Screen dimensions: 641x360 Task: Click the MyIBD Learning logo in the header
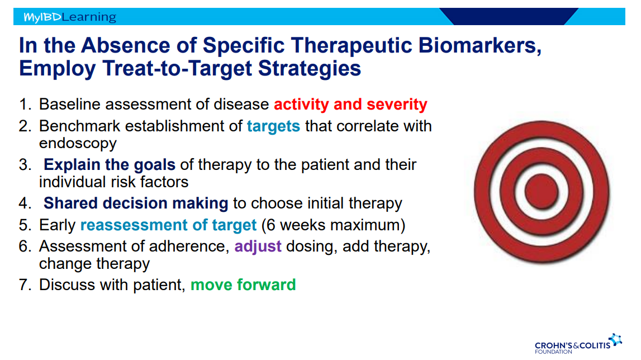(70, 17)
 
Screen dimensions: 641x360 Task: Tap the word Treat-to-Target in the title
(177, 68)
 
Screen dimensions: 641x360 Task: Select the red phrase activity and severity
(350, 105)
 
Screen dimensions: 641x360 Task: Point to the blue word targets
(273, 126)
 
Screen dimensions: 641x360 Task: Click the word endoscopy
(78, 144)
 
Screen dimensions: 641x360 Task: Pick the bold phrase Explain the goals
(110, 164)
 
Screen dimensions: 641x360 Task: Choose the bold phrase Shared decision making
(136, 203)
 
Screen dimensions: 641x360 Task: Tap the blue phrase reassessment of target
(168, 225)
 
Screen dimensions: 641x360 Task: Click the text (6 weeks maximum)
(333, 225)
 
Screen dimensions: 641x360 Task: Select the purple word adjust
(258, 247)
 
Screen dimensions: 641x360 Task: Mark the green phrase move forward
(243, 285)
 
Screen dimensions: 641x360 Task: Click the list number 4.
(25, 203)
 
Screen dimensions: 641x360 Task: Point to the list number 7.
(25, 285)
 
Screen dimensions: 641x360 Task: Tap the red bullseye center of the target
(542, 192)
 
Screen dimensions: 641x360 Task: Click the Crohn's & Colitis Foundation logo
(578, 344)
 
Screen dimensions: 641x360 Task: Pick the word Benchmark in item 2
(80, 126)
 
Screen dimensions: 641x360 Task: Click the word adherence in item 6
(188, 247)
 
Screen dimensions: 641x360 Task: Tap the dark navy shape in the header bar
(509, 16)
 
